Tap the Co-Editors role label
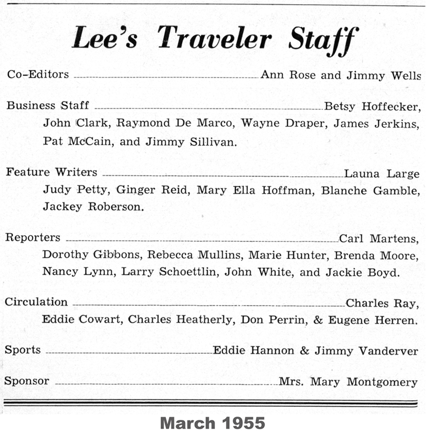[x=38, y=74]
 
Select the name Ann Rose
[x=289, y=75]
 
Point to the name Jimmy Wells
[x=382, y=75]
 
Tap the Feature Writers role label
[x=51, y=172]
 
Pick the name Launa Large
[x=382, y=174]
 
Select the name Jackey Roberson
[x=93, y=207]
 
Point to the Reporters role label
[x=33, y=238]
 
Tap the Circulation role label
[x=36, y=302]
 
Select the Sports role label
[x=23, y=350]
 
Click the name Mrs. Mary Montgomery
[x=348, y=382]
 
